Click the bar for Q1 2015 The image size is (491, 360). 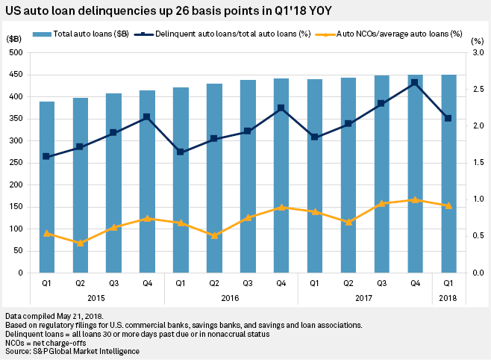click(x=47, y=187)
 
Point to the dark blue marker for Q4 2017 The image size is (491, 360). click(x=415, y=84)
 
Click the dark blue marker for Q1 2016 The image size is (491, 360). click(x=181, y=152)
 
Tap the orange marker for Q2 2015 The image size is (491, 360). click(x=80, y=243)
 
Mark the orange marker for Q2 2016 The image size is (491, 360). click(x=214, y=235)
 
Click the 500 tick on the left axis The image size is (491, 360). click(x=13, y=52)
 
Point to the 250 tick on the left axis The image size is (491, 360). click(x=13, y=163)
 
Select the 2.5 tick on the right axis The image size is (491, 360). click(x=475, y=89)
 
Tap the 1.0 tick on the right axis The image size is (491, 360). click(x=475, y=199)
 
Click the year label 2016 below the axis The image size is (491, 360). click(x=231, y=298)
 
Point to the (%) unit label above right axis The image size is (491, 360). click(x=478, y=41)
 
